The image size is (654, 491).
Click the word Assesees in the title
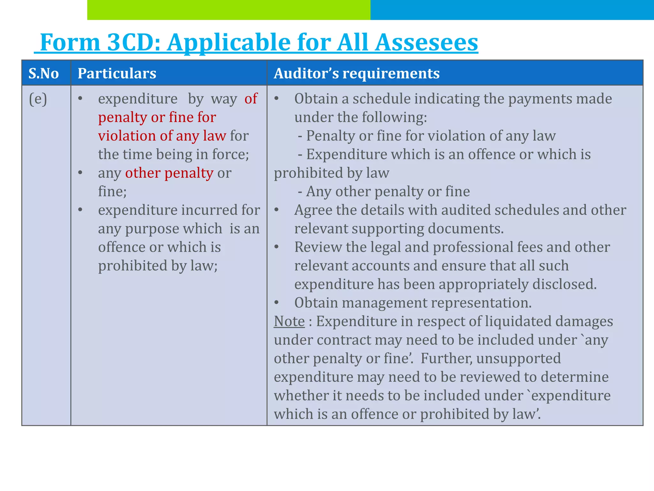coord(426,42)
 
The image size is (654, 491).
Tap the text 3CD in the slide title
coord(133,42)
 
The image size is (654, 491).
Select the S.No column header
coord(44,74)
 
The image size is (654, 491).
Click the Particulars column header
coord(117,74)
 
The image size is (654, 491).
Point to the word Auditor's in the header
coord(306,74)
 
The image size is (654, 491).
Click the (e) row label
coord(38,99)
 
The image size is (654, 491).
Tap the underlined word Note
coord(289,321)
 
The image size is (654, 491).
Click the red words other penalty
coord(169,173)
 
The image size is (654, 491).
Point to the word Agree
coord(313,210)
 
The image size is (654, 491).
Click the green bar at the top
coord(229,10)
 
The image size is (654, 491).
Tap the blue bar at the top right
coord(512,10)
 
